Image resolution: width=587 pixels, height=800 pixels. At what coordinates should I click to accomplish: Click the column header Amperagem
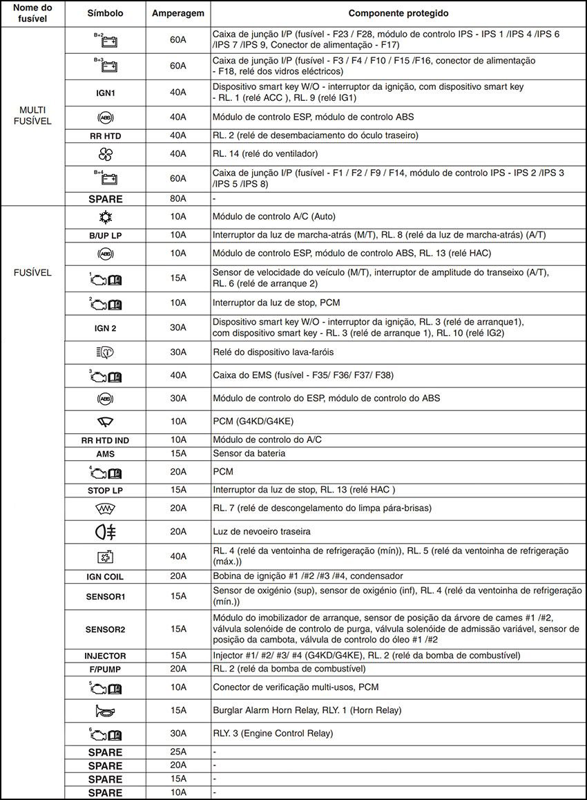(x=178, y=13)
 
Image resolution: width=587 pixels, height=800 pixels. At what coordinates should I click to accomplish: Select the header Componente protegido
(x=398, y=13)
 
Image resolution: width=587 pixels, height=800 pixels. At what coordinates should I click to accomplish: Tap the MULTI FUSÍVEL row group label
(x=32, y=115)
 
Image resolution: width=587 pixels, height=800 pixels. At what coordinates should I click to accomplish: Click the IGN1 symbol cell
(x=105, y=92)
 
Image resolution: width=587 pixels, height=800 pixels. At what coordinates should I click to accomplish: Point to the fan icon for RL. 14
(x=105, y=153)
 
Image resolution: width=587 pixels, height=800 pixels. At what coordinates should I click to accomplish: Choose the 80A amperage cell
(x=178, y=199)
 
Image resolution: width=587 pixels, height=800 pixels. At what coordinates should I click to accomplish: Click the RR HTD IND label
(x=105, y=440)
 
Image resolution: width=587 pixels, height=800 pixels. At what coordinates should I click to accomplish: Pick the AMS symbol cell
(x=105, y=454)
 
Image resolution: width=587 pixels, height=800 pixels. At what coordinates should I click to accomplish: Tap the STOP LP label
(x=105, y=490)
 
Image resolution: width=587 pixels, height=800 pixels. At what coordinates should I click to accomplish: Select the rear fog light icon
(x=105, y=531)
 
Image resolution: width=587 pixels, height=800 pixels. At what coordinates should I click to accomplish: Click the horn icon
(x=105, y=710)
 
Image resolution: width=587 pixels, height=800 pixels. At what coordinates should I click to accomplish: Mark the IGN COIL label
(x=105, y=576)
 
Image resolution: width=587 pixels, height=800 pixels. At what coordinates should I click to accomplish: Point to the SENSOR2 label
(x=105, y=629)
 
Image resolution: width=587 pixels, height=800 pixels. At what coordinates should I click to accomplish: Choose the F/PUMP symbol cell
(x=105, y=669)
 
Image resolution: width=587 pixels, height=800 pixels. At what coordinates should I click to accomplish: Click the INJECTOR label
(x=105, y=656)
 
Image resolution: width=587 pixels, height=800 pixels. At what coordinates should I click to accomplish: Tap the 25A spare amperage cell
(x=178, y=751)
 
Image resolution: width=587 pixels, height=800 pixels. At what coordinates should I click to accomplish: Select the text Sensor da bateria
(x=249, y=454)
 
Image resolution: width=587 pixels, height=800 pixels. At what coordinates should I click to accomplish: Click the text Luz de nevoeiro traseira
(x=262, y=531)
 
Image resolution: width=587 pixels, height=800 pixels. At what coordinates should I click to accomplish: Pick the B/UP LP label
(x=105, y=235)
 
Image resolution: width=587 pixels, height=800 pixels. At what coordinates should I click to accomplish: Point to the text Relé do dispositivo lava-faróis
(x=273, y=352)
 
